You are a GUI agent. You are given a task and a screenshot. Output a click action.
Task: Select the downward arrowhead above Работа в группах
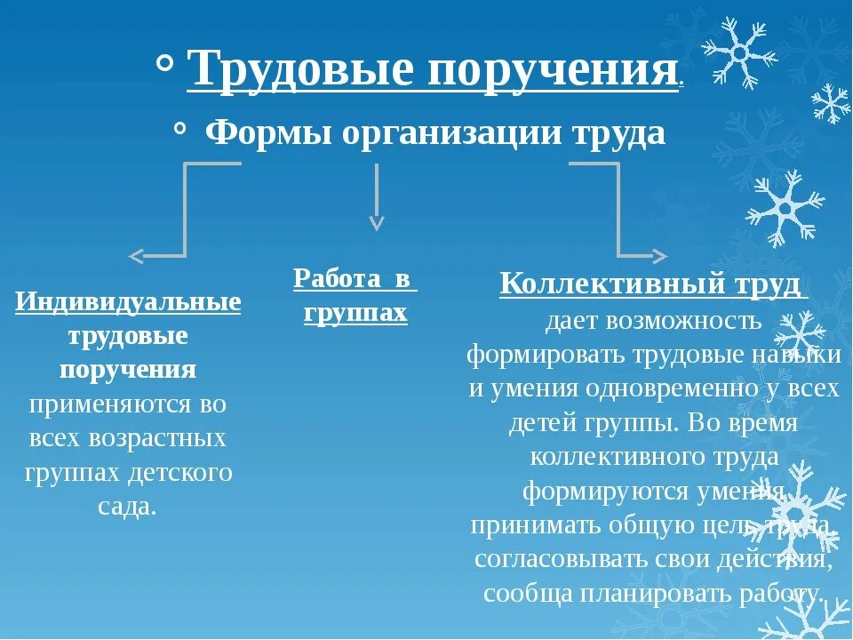377,221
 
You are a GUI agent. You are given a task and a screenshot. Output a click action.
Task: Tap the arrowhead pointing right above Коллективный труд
658,256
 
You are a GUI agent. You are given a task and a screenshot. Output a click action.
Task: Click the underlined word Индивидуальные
128,302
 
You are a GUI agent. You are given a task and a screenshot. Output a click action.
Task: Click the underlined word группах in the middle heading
355,313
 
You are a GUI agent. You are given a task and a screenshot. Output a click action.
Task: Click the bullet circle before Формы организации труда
180,130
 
